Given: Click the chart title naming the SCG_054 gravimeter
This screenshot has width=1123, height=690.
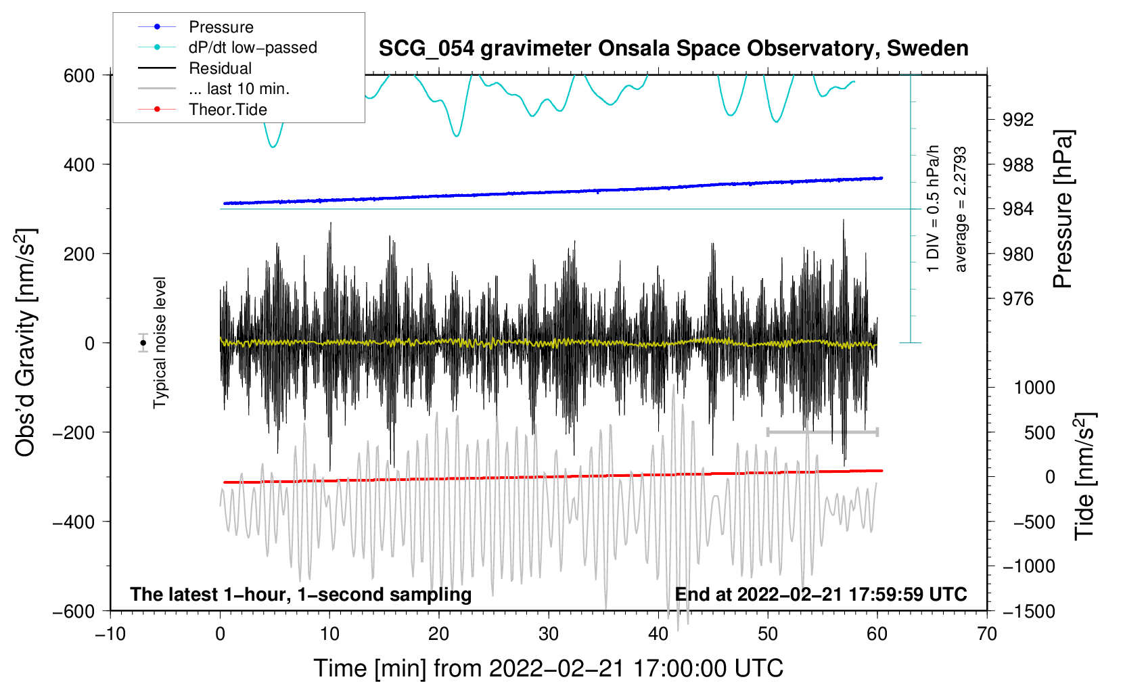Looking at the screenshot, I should tap(673, 49).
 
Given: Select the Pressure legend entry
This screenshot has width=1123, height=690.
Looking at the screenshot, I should tap(221, 27).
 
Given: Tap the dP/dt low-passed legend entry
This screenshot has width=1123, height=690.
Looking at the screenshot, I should tap(252, 47).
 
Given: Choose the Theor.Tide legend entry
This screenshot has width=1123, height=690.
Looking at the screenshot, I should tap(228, 110).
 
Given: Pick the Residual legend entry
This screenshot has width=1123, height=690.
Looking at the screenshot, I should tap(220, 68).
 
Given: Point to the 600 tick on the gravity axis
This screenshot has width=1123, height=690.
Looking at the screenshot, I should tap(79, 75).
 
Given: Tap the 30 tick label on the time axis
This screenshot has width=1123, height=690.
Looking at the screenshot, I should tap(549, 634).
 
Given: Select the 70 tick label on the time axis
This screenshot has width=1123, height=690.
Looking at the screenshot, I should tap(987, 634).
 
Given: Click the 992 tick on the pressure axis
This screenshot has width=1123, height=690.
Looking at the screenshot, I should tap(1018, 120).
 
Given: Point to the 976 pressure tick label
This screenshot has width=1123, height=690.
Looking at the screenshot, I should tap(1018, 299).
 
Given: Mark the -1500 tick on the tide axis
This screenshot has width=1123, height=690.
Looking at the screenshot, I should tap(1028, 611).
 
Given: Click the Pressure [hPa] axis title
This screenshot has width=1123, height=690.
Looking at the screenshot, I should tap(1063, 209).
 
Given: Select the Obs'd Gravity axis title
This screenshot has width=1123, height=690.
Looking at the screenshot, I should tap(26, 342).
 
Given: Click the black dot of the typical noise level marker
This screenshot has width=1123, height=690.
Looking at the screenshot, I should tap(143, 343).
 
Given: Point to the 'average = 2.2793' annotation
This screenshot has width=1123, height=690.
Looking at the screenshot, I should tap(961, 209).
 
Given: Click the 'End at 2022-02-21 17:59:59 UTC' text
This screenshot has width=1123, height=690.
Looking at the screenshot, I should tap(821, 594).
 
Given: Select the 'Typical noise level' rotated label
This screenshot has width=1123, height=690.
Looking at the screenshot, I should tap(160, 342).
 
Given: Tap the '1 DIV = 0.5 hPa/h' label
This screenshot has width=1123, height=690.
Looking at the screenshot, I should tap(934, 208).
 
